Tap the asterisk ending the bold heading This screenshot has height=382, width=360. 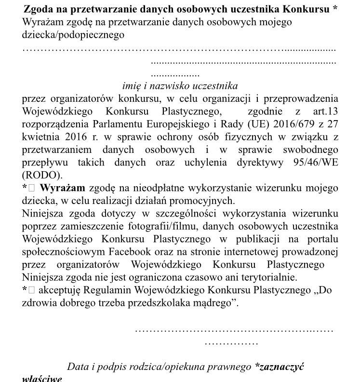[x=335, y=9]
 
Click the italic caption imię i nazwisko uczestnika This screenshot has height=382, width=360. [x=180, y=86]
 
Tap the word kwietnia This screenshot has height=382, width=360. [x=39, y=136]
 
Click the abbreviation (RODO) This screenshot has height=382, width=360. [x=42, y=175]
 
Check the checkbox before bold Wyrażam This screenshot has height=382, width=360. [x=31, y=188]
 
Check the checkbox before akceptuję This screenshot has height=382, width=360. [x=31, y=290]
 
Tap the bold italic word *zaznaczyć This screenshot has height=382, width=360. [x=279, y=367]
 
